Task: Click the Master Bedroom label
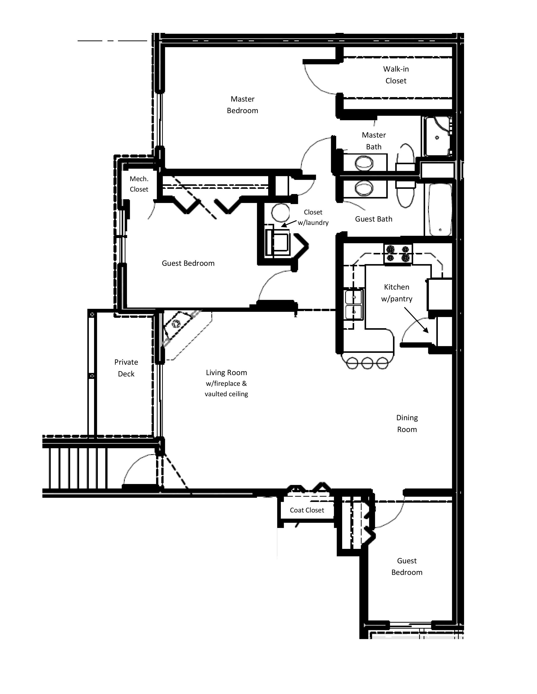point(242,105)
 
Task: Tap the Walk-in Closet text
point(396,75)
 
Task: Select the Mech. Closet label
point(139,184)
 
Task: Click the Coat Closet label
point(307,510)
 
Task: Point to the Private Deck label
point(126,368)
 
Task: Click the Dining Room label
point(407,423)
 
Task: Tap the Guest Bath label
point(374,219)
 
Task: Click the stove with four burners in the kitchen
point(398,254)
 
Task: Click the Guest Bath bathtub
point(440,210)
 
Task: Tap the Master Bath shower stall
point(437,137)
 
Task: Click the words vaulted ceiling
point(226,394)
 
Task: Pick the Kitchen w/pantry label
point(396,293)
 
